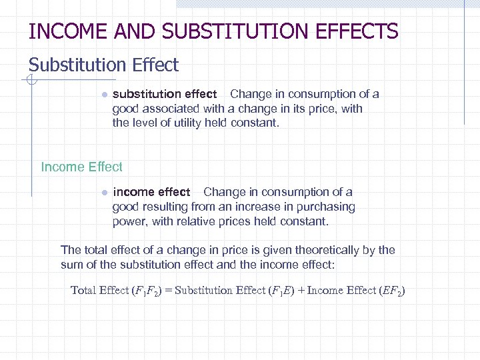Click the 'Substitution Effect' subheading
103,65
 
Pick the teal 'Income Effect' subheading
81,167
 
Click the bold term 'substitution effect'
165,94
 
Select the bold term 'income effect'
151,192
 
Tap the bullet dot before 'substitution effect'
104,95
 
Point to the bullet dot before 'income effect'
104,193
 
